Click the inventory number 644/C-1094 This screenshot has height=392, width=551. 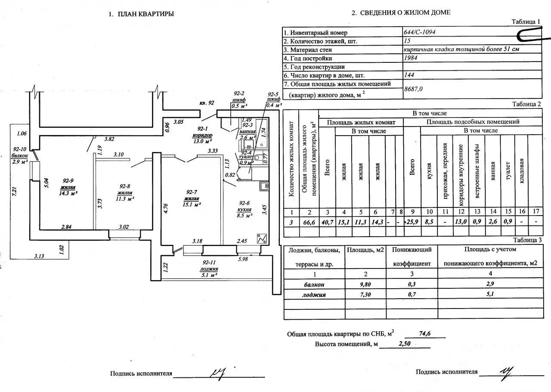point(419,32)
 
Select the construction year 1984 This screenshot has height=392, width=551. point(411,58)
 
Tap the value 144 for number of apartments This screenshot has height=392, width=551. point(409,75)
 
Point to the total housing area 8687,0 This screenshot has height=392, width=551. point(413,89)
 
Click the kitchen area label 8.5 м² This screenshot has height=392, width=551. point(245,216)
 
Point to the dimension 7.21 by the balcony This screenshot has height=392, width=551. point(15,191)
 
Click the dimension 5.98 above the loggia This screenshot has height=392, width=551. point(243,259)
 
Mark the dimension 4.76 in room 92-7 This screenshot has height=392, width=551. point(166,208)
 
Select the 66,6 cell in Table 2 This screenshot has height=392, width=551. point(309,222)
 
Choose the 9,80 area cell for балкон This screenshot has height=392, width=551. point(365,284)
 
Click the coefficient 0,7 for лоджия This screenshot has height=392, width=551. point(412,294)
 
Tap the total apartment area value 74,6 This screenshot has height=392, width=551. point(425,333)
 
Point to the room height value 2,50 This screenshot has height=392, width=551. point(405,343)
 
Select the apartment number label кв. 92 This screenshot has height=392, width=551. point(207,103)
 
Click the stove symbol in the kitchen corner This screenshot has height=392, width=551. point(262,238)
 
